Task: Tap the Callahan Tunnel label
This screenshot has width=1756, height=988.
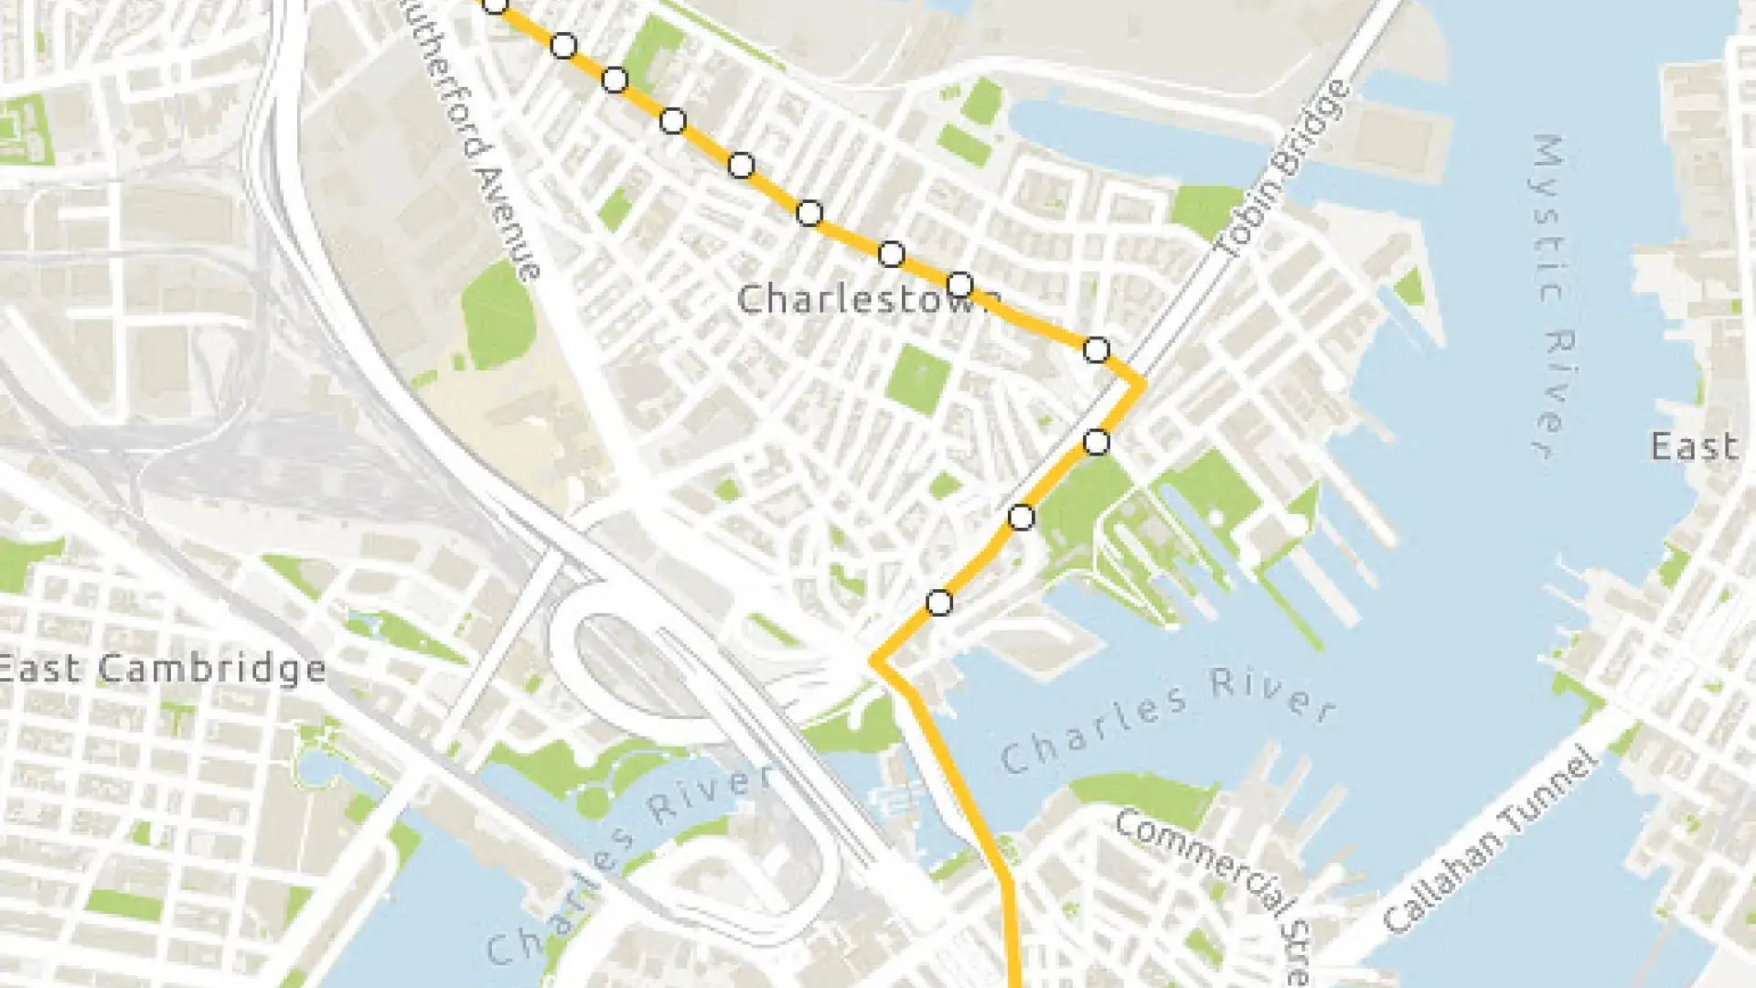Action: (x=1491, y=842)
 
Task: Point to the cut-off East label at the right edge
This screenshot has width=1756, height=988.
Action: (x=1694, y=447)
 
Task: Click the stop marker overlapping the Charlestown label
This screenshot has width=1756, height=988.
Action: (x=959, y=285)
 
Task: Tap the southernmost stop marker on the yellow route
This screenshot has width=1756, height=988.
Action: (x=939, y=603)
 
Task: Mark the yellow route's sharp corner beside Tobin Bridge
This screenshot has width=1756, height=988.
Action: (x=1140, y=383)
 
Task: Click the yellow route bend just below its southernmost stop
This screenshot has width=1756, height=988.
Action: (x=875, y=660)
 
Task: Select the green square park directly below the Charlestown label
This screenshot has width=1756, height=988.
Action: (x=917, y=379)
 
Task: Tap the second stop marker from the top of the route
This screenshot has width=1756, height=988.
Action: (x=563, y=45)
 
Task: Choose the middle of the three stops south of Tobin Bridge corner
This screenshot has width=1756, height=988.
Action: (x=1021, y=518)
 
